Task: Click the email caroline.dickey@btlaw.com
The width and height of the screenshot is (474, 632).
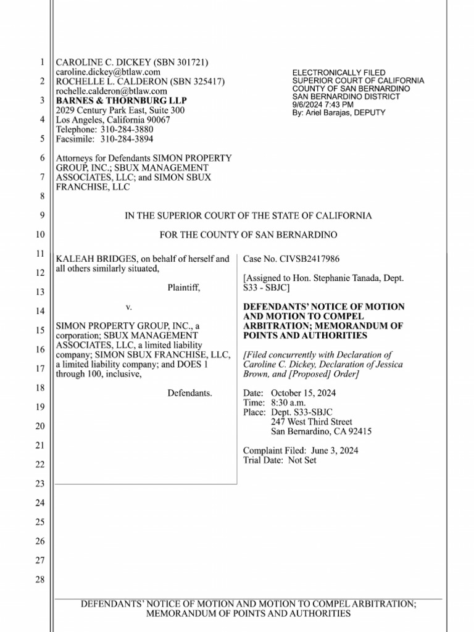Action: (x=108, y=72)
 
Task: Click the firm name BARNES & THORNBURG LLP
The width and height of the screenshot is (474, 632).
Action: (x=121, y=101)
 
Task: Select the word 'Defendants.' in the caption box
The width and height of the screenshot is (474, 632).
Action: (x=190, y=393)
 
